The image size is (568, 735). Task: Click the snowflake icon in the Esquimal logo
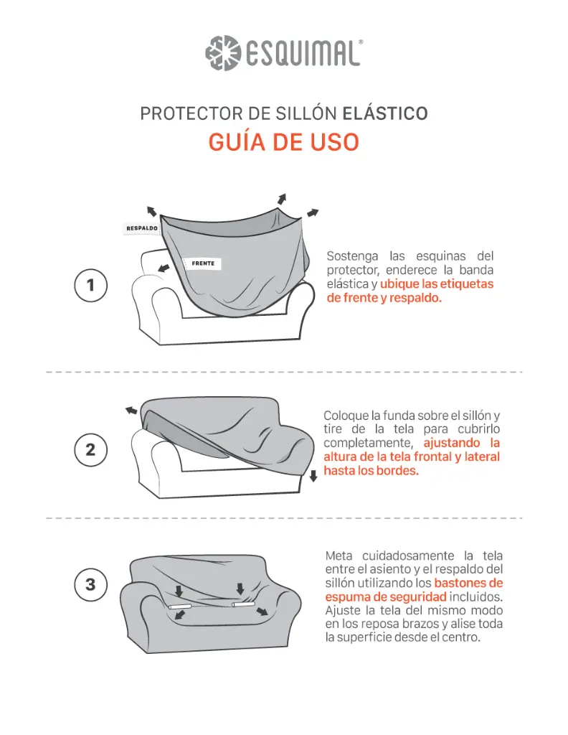click(x=221, y=52)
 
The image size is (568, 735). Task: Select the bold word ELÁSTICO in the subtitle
click(x=385, y=113)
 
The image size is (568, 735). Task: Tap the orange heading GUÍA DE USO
click(x=283, y=141)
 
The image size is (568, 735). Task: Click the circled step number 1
click(x=90, y=285)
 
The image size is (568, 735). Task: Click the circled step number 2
click(x=90, y=451)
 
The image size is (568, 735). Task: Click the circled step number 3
click(x=90, y=584)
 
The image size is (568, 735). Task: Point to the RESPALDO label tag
click(x=141, y=228)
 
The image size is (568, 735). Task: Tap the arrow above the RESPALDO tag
click(x=151, y=210)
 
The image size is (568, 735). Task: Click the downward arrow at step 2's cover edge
click(x=313, y=476)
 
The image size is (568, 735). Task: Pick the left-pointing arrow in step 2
click(x=131, y=410)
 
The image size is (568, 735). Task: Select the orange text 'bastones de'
click(x=468, y=583)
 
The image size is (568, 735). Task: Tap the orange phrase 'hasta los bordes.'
click(x=370, y=471)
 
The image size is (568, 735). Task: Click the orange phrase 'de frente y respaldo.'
click(x=384, y=298)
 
